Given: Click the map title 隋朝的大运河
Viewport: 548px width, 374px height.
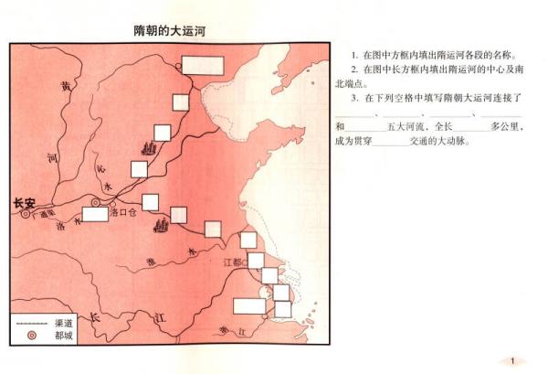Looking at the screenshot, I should click(x=169, y=30).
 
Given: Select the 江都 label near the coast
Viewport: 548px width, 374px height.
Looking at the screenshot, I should click(x=235, y=262).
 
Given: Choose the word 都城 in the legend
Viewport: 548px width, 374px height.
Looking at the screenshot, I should click(x=65, y=336).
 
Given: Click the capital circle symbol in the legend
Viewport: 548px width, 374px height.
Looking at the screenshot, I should click(x=31, y=336).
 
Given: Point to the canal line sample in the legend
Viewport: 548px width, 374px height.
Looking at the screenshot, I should click(x=31, y=323).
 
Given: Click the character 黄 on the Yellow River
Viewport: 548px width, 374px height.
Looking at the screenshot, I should click(x=64, y=87).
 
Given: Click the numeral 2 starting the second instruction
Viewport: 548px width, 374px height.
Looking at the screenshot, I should click(x=353, y=69).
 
